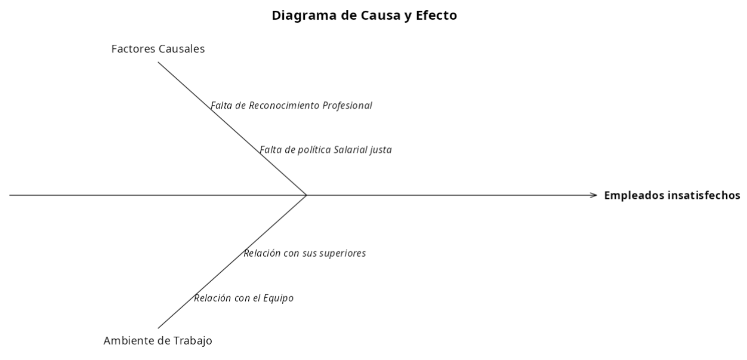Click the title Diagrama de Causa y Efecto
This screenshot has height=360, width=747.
(365, 16)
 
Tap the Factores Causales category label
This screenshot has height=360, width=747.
(158, 49)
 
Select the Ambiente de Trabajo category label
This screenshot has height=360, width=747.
(158, 341)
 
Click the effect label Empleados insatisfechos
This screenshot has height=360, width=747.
(672, 195)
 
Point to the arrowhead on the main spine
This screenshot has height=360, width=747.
(594, 195)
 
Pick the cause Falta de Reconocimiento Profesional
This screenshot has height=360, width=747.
(291, 106)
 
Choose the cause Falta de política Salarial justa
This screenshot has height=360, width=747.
(326, 150)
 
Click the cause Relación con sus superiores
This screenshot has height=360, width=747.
(304, 253)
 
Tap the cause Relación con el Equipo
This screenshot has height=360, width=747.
(243, 298)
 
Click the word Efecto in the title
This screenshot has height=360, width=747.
(436, 16)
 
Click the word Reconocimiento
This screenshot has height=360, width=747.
(284, 106)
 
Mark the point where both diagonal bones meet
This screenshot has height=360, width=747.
(307, 195)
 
